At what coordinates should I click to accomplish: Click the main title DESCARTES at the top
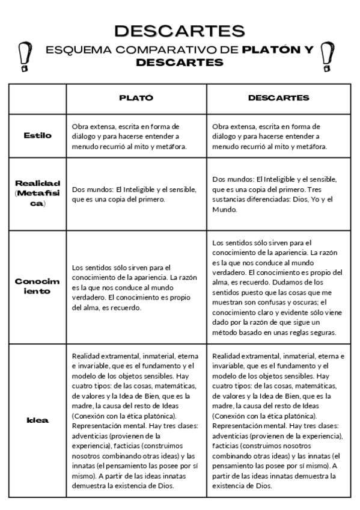(x=180, y=31)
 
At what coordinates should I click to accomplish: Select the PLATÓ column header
(x=136, y=97)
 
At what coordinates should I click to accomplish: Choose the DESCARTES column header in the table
(x=278, y=97)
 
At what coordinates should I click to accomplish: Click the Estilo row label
(x=37, y=136)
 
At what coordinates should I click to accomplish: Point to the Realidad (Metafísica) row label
(x=37, y=193)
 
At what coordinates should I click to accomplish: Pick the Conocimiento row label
(x=37, y=286)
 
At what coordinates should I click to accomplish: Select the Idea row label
(x=37, y=420)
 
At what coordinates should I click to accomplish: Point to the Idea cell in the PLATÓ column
(x=135, y=420)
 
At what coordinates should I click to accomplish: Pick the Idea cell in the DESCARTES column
(x=278, y=420)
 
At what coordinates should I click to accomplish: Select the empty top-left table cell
(x=37, y=97)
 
